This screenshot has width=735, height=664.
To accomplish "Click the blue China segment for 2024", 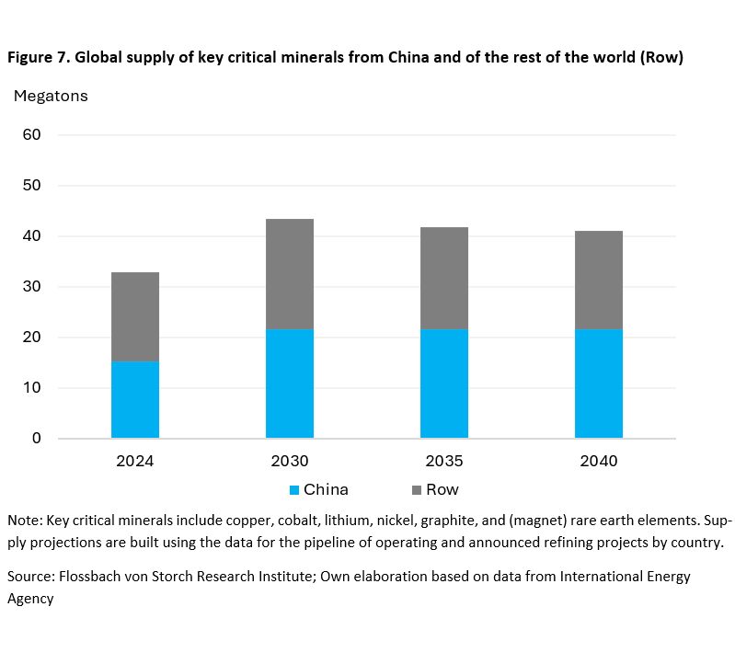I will (135, 399).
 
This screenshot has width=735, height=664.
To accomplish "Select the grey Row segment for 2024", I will (135, 316).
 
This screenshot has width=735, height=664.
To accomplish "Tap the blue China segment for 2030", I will (290, 383).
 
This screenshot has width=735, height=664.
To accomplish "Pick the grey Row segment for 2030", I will (290, 273).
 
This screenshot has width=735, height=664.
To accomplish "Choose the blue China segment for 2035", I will (444, 383).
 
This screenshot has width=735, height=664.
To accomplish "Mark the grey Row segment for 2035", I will (444, 278).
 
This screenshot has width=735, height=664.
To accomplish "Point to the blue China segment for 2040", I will (599, 383).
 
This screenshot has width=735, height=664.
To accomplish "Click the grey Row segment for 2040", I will (599, 280).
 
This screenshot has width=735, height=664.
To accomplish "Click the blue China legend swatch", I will (294, 490).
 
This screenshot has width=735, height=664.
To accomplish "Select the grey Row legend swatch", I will (418, 490).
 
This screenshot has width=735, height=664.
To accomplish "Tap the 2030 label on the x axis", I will (290, 461).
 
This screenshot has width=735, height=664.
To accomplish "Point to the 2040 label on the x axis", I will (599, 461).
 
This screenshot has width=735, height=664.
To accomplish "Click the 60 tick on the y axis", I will (32, 135).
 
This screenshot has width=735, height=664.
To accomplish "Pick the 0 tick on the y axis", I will (37, 439).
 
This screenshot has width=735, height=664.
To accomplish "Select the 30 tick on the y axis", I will (32, 287).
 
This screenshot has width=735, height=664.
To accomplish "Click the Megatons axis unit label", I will (51, 96).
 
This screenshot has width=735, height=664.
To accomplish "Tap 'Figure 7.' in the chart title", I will (38, 58).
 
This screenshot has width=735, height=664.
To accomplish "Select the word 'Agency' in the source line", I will (30, 599).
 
